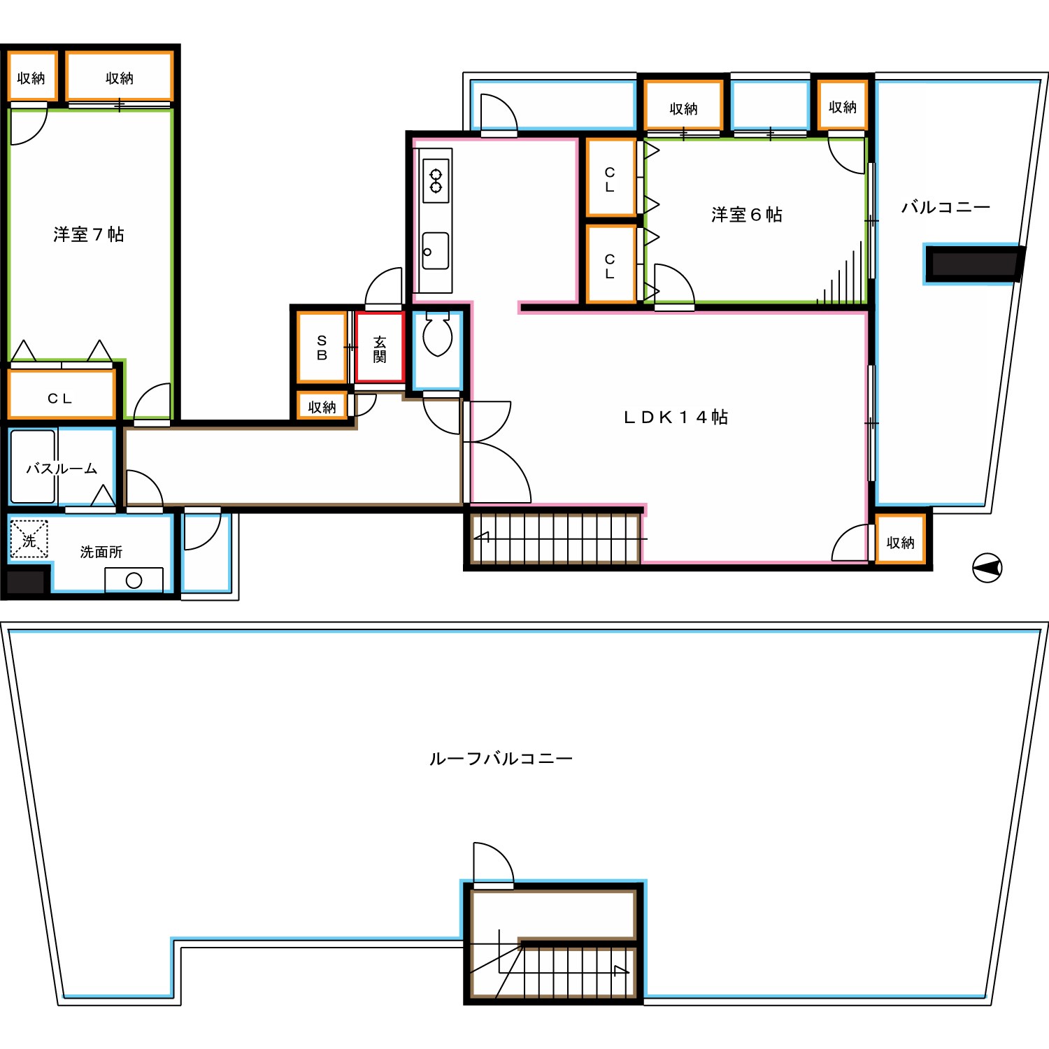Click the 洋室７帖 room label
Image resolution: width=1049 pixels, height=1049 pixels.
click(89, 234)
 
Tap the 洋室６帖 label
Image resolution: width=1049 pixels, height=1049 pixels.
click(747, 215)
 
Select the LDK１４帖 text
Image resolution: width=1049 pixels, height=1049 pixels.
click(676, 418)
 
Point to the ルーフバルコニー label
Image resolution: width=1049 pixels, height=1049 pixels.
click(501, 759)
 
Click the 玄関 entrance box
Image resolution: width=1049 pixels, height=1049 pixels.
click(380, 348)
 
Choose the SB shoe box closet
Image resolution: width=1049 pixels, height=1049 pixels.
click(322, 348)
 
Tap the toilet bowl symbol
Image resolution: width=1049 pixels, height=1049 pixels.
click(438, 336)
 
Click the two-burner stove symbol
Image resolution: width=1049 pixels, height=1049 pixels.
click(436, 180)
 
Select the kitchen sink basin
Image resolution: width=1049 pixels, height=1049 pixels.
click(436, 251)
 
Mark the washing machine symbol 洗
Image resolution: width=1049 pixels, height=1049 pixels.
click(29, 539)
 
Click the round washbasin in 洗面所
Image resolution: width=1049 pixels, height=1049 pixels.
click(134, 580)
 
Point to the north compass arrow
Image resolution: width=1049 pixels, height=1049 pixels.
click(987, 568)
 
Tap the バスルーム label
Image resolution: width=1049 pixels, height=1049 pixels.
click(62, 469)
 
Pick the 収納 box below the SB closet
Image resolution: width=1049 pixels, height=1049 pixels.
click(322, 406)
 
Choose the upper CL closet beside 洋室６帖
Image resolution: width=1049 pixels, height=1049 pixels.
click(611, 178)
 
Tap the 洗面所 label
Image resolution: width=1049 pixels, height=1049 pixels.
click(101, 552)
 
